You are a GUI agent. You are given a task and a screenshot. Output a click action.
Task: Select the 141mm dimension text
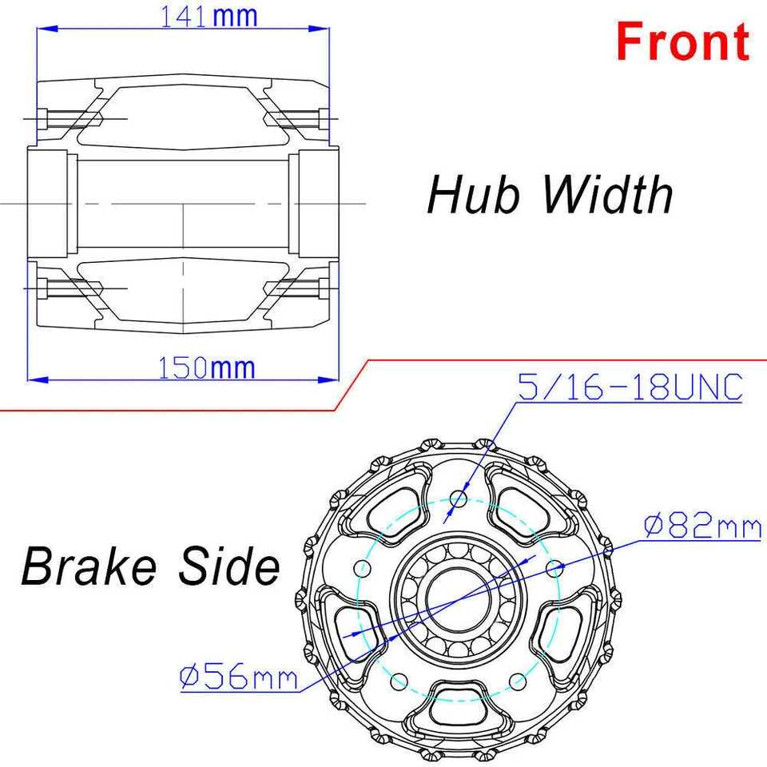(x=209, y=17)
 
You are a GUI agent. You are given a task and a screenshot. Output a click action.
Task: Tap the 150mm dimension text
(x=207, y=368)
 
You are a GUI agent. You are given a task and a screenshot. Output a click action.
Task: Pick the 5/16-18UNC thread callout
(x=630, y=388)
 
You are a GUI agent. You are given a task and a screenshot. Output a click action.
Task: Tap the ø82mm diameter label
(x=702, y=527)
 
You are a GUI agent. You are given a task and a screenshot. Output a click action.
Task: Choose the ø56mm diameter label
(x=239, y=678)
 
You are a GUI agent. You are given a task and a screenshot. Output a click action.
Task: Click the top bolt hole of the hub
(x=458, y=500)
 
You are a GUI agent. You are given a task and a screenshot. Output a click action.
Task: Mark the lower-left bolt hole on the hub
(x=397, y=682)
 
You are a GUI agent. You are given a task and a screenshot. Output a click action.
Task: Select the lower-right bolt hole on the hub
(x=517, y=682)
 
